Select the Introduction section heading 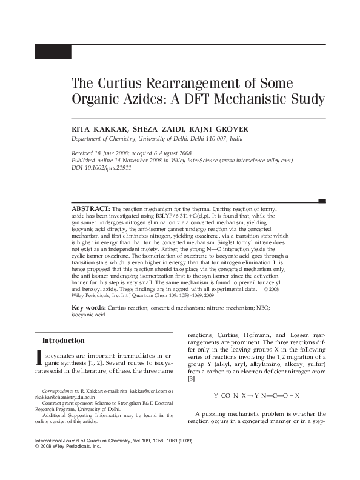click(64, 341)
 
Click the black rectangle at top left click(53, 52)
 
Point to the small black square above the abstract click(322, 201)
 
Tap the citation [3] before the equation click(191, 379)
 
